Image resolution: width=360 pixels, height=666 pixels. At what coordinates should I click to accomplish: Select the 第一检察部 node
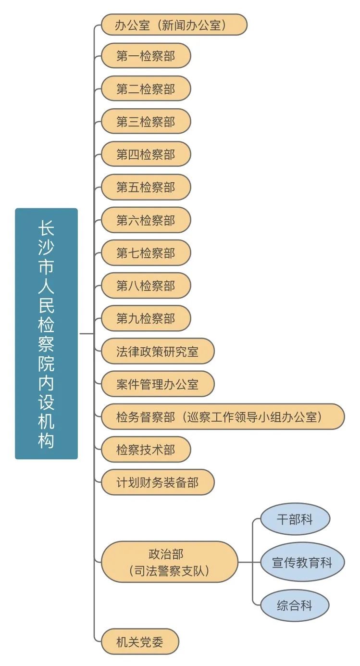[x=146, y=56]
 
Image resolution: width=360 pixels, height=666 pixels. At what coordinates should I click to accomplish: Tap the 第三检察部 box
[x=146, y=122]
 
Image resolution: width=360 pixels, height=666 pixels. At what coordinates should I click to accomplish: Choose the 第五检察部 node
[x=146, y=187]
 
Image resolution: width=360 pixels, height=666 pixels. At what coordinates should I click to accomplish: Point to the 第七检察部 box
[x=146, y=253]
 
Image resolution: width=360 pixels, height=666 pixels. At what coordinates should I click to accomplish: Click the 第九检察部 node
[x=146, y=318]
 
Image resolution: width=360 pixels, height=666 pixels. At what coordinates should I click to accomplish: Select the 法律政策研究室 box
[x=157, y=351]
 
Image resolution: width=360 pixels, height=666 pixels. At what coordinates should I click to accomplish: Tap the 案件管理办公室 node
[x=157, y=384]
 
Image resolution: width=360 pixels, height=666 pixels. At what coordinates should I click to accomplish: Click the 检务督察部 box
[x=223, y=416]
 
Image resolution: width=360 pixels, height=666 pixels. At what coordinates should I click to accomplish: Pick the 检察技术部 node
[x=146, y=450]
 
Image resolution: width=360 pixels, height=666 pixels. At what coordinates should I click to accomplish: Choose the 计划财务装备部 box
[x=157, y=482]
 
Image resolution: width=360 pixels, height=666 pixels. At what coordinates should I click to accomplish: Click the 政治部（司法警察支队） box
[x=169, y=562]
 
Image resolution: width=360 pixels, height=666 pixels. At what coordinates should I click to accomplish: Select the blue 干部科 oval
[x=295, y=519]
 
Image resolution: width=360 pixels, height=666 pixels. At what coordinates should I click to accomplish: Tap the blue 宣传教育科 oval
[x=302, y=562]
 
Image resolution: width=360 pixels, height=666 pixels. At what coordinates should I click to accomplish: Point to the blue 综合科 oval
[x=295, y=605]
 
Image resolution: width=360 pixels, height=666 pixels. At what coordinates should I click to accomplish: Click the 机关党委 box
[x=140, y=641]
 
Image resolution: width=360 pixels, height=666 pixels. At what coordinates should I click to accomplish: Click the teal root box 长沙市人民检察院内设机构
[x=46, y=333]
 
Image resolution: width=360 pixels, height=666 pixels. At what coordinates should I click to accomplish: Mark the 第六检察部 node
[x=146, y=220]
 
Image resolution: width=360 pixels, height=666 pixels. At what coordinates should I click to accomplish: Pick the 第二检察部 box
[x=146, y=89]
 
